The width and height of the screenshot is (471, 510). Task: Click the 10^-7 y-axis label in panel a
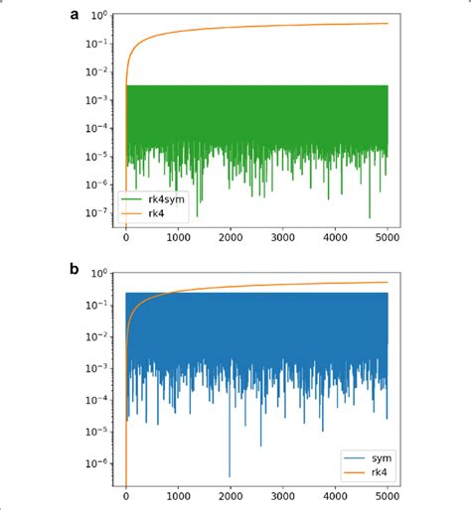click(x=97, y=211)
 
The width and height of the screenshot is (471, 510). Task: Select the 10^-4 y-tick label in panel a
click(x=97, y=128)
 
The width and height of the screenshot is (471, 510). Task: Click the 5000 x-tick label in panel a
click(x=387, y=238)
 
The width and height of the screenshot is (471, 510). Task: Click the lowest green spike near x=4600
click(x=369, y=216)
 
